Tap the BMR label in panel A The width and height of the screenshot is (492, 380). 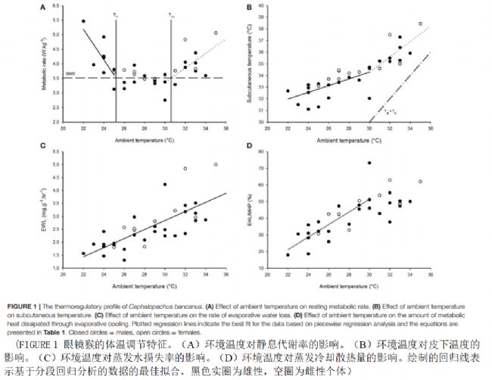70,73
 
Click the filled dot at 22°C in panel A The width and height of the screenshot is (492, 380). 83,21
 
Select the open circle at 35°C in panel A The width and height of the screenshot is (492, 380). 216,33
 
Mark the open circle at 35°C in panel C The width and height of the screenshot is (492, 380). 216,164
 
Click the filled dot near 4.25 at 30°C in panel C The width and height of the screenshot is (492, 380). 164,184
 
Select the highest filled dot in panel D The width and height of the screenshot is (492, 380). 369,163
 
